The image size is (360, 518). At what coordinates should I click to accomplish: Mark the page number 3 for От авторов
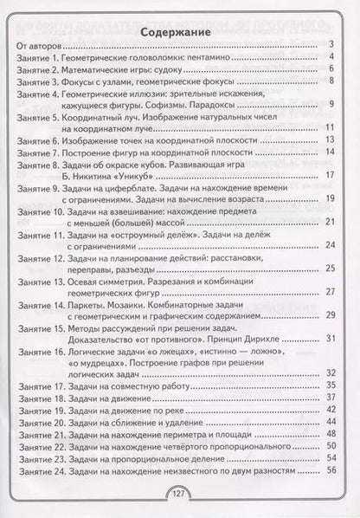pos(332,54)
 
